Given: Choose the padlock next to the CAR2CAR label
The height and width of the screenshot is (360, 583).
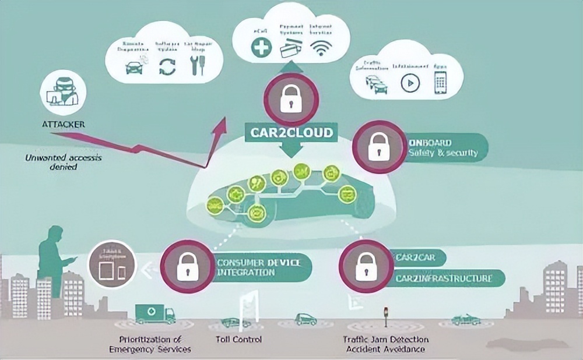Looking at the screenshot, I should tap(365, 266).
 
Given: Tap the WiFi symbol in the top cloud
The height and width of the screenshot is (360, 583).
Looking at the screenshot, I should tap(320, 48).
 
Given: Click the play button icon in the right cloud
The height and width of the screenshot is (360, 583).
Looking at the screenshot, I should tap(410, 83).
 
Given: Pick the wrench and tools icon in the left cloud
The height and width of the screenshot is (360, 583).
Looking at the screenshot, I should tap(199, 66).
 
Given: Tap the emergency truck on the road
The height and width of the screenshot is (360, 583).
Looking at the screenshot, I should tap(154, 313).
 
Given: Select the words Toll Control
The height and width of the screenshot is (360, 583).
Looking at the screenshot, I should tap(243, 339).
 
